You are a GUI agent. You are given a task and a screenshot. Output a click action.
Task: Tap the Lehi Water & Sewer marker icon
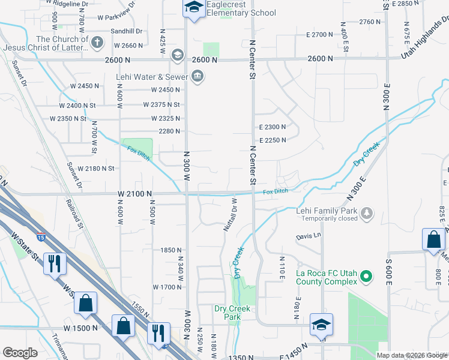tap(197, 76)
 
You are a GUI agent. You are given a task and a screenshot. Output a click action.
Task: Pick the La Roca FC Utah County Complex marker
tap(369, 277)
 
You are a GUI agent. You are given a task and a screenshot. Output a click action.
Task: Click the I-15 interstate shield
tap(41, 236)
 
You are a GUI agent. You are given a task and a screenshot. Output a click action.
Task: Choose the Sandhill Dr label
tap(126, 31)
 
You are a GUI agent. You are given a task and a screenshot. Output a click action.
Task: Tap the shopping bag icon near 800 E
tap(433, 241)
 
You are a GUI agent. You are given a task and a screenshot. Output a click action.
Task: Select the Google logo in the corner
tap(20, 353)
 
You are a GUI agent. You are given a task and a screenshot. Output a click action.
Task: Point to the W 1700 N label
tap(167, 287)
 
